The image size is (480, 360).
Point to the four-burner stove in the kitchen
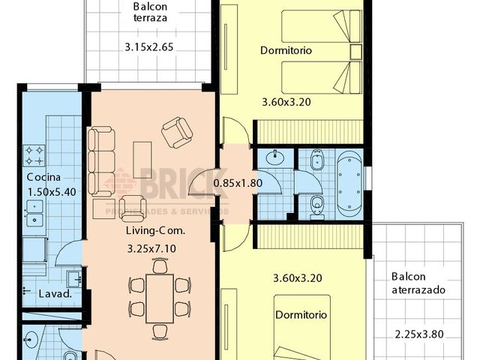click(x=34, y=154)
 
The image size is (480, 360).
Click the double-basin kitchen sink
click(x=34, y=214)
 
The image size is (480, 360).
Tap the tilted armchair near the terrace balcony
click(x=177, y=133)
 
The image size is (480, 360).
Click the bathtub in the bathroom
click(x=347, y=181)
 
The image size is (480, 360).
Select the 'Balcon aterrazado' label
click(x=418, y=282)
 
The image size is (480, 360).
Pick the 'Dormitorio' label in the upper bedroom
click(x=286, y=51)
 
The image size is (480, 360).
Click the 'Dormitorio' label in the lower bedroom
click(x=300, y=315)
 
